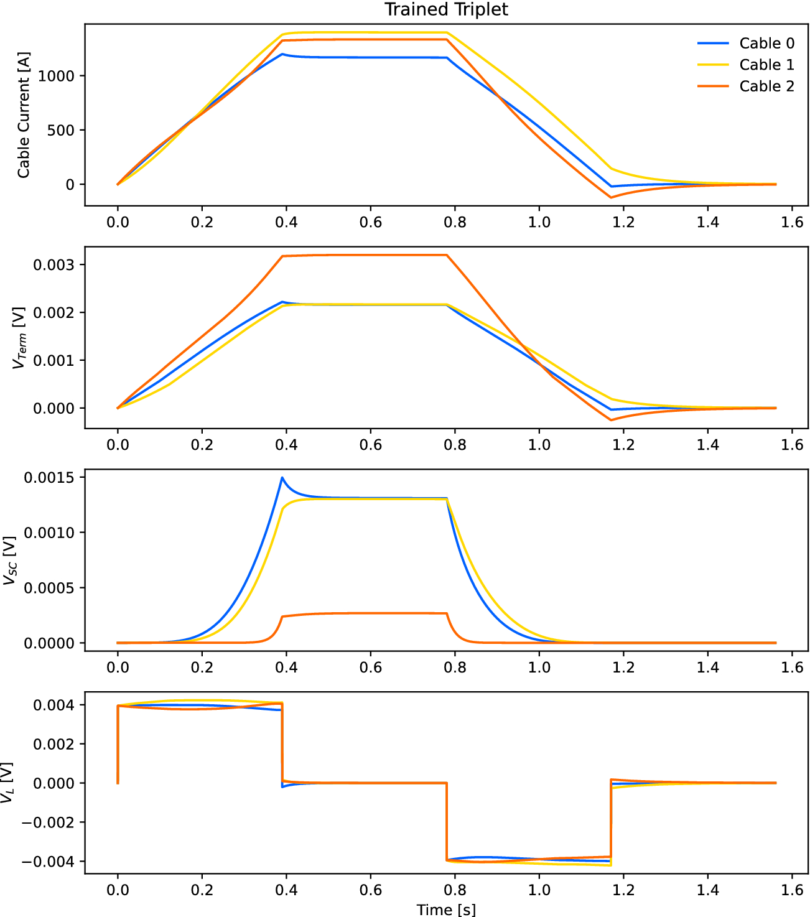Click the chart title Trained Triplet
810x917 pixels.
click(x=446, y=10)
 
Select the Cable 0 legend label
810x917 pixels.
click(x=766, y=44)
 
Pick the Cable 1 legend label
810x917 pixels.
click(x=766, y=65)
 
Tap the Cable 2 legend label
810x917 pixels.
click(x=766, y=86)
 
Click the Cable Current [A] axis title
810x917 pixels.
click(x=24, y=115)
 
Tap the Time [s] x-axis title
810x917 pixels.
click(x=446, y=910)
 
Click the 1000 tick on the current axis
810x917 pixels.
click(x=56, y=76)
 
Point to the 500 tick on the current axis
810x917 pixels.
click(x=61, y=131)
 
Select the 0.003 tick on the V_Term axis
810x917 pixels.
click(x=54, y=265)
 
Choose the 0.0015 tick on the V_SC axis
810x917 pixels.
click(x=49, y=478)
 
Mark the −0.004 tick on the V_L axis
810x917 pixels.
click(x=47, y=862)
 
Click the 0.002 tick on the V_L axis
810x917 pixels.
click(x=54, y=744)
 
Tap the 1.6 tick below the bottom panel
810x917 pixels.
click(x=792, y=890)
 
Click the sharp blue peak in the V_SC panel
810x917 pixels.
click(x=282, y=478)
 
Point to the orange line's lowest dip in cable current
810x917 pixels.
click(x=611, y=198)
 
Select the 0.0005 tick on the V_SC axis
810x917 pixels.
click(x=49, y=588)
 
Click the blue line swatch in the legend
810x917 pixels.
click(x=713, y=44)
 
